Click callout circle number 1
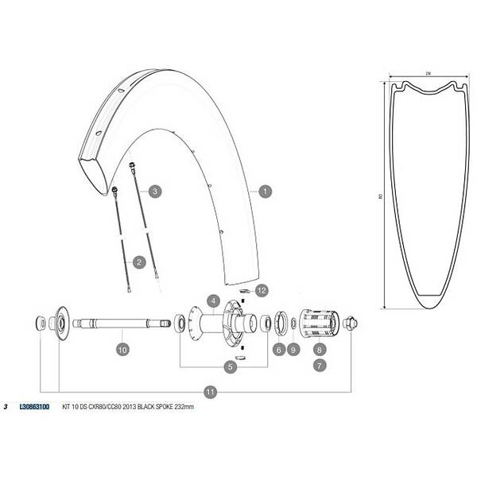[265, 192]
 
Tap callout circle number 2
[139, 262]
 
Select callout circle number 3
[155, 192]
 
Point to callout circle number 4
[213, 301]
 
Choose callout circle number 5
[230, 366]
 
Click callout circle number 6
[279, 350]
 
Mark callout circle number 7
[319, 366]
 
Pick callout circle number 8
[319, 350]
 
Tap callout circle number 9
[293, 350]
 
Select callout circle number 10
[122, 350]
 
